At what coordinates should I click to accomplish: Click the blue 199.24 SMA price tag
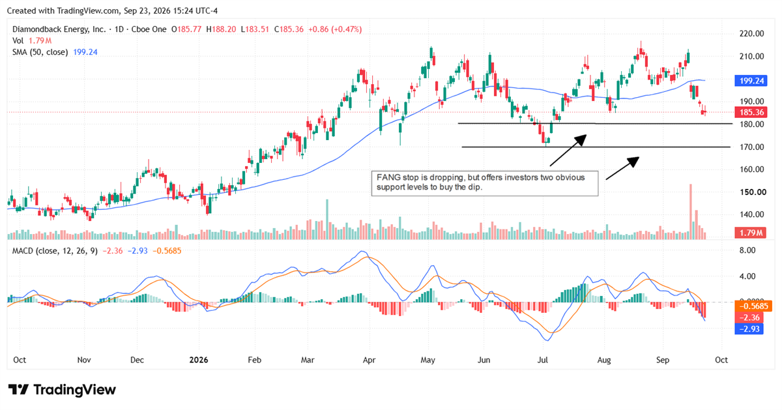751,81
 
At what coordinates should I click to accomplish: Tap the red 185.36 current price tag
751,113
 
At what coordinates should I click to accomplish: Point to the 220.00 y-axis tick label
751,34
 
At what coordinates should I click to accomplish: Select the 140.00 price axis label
751,214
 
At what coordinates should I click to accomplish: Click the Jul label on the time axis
542,360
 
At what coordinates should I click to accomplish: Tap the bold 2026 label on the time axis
199,360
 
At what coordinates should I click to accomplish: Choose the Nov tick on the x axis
84,360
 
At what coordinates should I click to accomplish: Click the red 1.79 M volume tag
751,233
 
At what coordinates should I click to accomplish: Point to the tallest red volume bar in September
691,212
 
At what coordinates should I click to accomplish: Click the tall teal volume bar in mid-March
327,219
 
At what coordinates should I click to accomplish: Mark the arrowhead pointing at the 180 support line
581,139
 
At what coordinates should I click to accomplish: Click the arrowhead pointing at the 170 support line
633,162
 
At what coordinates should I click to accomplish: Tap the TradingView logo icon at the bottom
18,390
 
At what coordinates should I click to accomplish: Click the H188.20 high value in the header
221,29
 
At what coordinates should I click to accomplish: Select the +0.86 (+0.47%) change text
335,29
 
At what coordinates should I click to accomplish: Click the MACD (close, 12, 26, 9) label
55,251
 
